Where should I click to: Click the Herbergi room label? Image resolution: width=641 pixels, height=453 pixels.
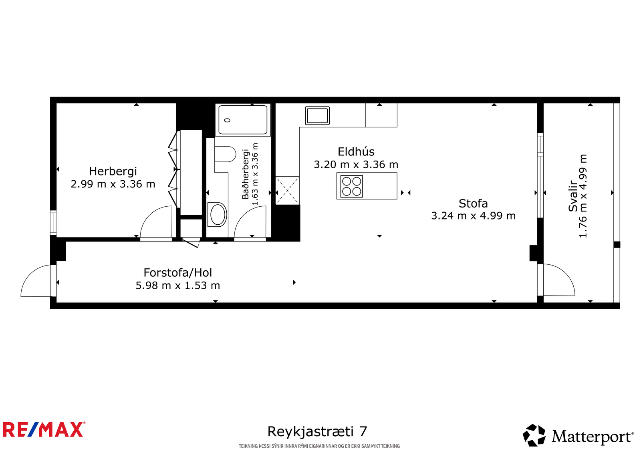pos(113,172)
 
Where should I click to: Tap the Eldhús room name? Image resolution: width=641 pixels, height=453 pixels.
pos(356,152)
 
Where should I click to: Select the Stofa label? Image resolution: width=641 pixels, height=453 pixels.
pos(473,203)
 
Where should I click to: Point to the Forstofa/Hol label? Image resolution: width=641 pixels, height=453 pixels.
pos(178,273)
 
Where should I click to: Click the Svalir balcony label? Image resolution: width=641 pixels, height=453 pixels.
pos(573,196)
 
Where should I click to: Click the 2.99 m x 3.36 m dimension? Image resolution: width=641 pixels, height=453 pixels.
pos(113,184)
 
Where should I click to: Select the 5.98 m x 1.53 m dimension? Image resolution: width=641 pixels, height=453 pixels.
pos(178,286)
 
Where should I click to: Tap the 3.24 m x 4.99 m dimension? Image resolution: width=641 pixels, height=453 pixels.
pos(473,216)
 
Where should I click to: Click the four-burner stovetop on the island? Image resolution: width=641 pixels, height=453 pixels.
pos(352,186)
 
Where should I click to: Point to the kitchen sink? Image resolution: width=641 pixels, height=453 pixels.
pos(317,116)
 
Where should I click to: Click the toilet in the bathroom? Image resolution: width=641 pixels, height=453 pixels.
pos(225,154)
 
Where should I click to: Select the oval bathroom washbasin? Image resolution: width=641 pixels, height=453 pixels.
pos(218,215)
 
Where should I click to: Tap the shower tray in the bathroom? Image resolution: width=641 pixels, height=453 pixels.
pos(243,120)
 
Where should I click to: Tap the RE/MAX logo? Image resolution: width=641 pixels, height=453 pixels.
pos(44,429)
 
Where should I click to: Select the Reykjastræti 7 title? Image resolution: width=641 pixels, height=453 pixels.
pos(317,431)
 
